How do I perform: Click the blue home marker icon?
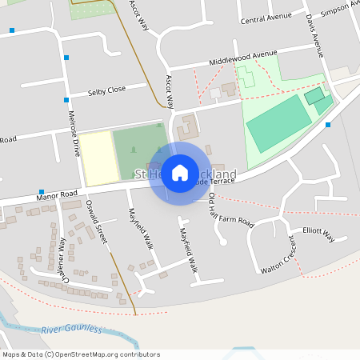coord(180,173)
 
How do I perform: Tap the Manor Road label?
coord(57,194)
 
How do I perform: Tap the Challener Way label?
coord(55,254)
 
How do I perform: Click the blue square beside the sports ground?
coord(328,125)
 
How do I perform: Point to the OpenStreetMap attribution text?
coord(80,354)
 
